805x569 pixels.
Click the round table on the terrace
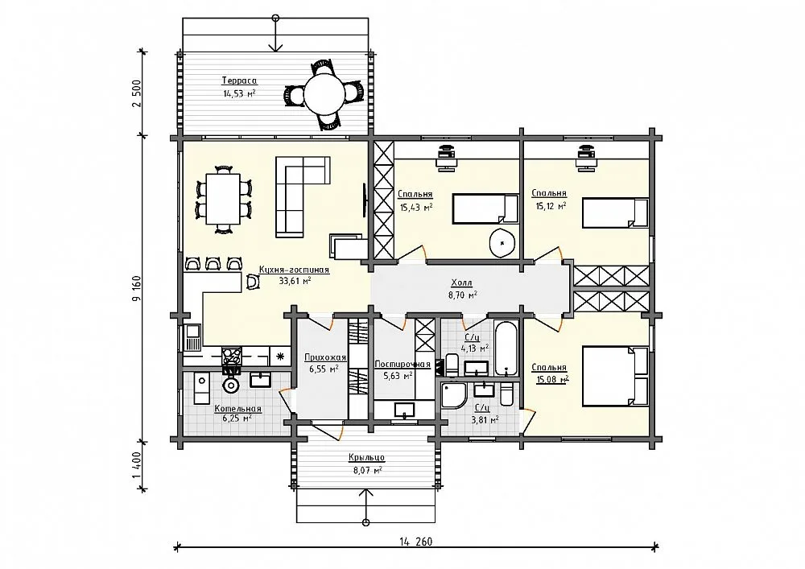(x=324, y=95)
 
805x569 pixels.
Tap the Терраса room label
(x=239, y=80)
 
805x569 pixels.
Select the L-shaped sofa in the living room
(x=303, y=197)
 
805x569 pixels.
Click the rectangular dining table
(x=223, y=199)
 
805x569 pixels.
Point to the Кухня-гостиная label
(x=294, y=270)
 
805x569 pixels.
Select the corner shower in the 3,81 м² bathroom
(x=453, y=395)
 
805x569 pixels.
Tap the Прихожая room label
(x=325, y=357)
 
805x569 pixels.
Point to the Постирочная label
(x=402, y=365)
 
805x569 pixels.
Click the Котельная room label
(x=238, y=409)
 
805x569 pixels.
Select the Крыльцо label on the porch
(x=366, y=458)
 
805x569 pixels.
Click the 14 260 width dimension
(x=416, y=542)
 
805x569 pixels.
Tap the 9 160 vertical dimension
(x=137, y=288)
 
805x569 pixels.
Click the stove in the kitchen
(x=232, y=356)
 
